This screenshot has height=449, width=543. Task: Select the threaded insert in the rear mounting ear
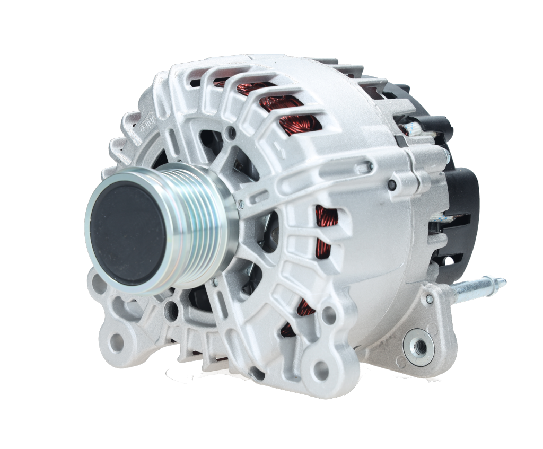tap(419, 347)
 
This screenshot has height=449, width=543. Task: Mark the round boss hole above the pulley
tap(230, 134)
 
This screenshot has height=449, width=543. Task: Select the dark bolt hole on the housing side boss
tap(392, 184)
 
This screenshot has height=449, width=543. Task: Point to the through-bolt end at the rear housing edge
tap(366, 168)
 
